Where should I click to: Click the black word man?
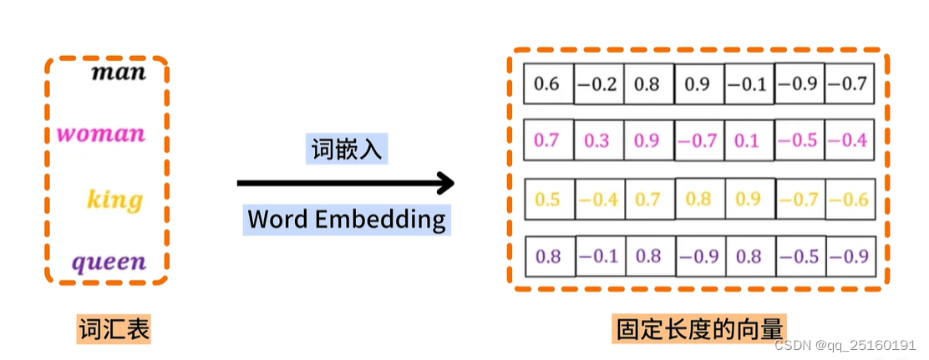(118, 72)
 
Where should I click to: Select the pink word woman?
(100, 134)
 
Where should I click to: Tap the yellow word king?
(114, 200)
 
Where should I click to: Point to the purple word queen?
(109, 263)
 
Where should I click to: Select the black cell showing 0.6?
(547, 84)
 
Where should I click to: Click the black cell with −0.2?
(598, 84)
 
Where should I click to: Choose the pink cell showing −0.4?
(849, 140)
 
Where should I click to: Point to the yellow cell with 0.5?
(548, 200)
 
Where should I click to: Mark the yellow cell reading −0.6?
(849, 200)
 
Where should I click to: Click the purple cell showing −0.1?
(598, 256)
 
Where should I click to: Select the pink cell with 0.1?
(748, 140)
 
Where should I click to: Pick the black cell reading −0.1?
(748, 84)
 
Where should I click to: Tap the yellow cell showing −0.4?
(598, 200)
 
